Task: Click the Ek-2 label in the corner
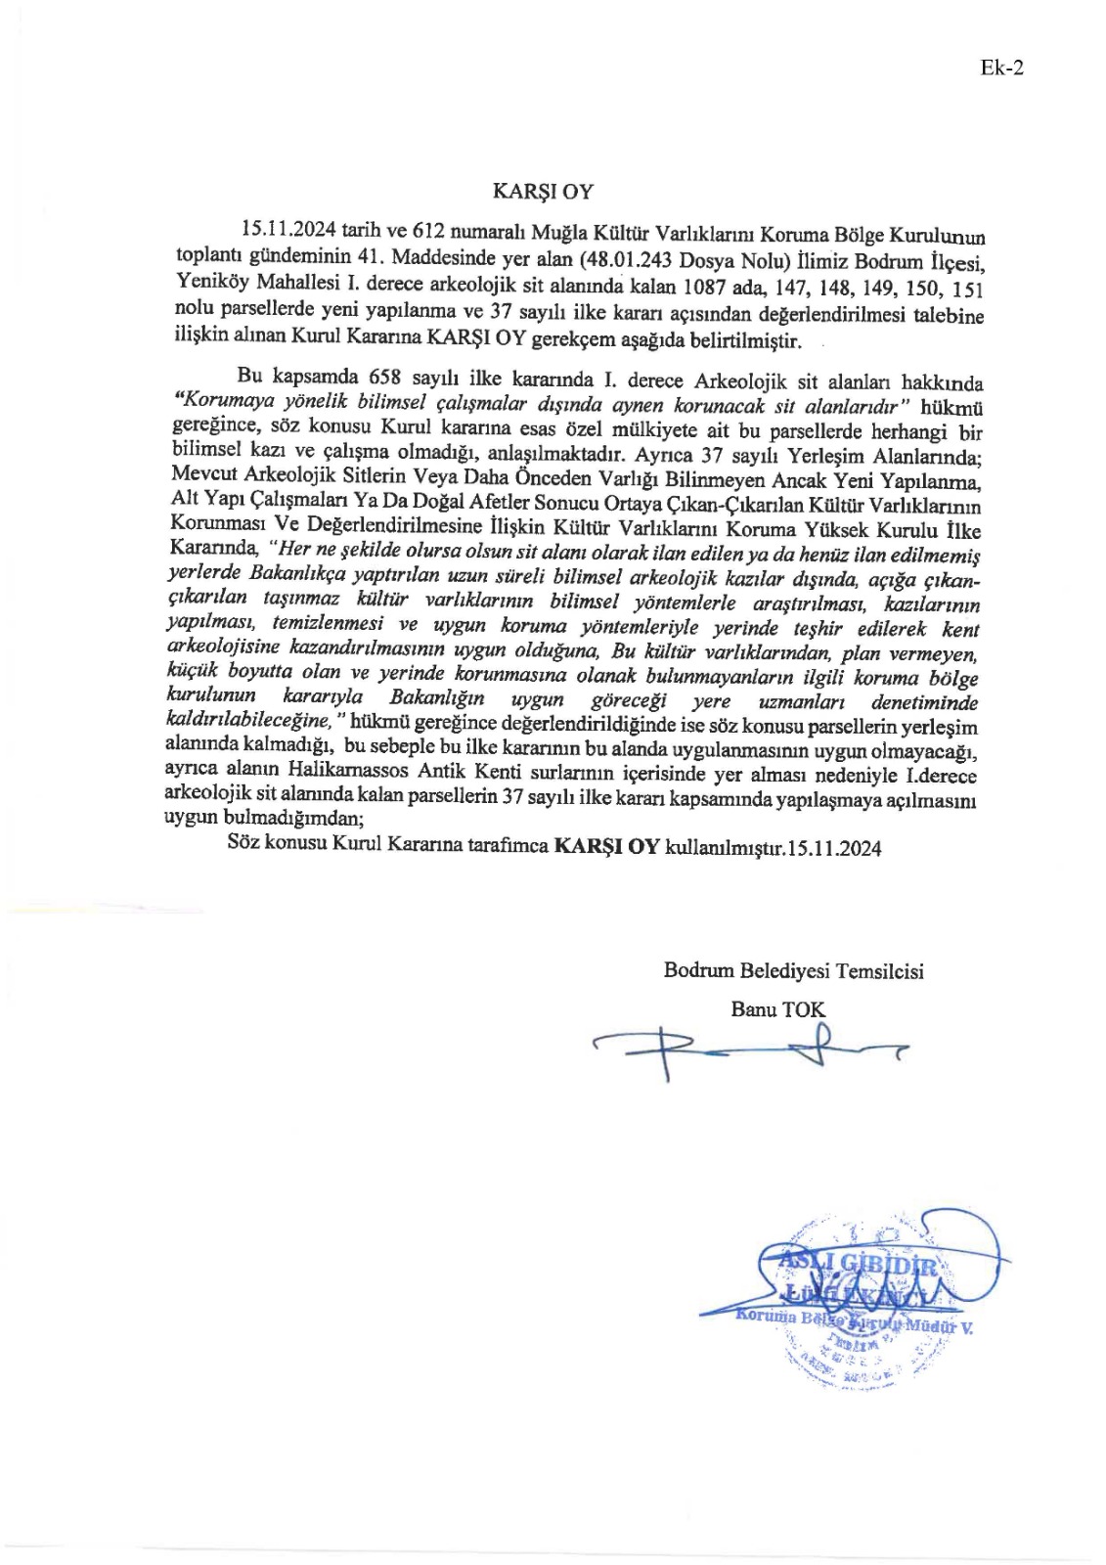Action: pos(1001,67)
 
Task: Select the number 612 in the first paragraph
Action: pos(430,231)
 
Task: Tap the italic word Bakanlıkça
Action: pos(291,573)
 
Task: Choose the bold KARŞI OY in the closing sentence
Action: pos(606,847)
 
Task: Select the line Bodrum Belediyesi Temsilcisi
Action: pos(793,970)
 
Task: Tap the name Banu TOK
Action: pos(777,1008)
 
